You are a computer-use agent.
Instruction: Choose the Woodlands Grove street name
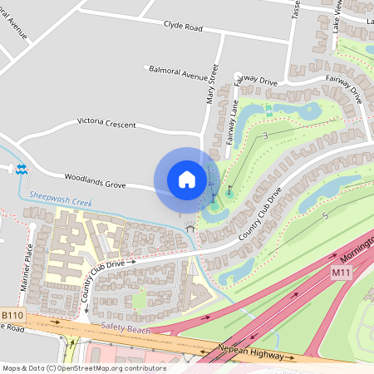tap(95, 180)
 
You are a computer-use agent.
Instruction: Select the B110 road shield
tap(12, 317)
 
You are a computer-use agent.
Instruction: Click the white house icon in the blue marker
tap(187, 180)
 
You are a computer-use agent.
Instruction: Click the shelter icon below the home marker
tap(190, 226)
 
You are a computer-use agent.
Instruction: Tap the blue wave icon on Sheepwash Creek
tap(21, 168)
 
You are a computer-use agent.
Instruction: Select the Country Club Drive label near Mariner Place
tap(104, 265)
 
